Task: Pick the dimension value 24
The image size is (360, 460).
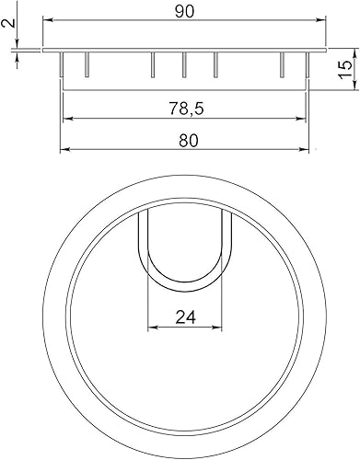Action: [184, 316]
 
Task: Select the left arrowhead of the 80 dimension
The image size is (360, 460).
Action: [64, 151]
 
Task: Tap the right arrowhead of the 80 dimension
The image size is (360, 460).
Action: [307, 151]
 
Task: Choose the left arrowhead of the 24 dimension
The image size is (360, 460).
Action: [152, 328]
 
